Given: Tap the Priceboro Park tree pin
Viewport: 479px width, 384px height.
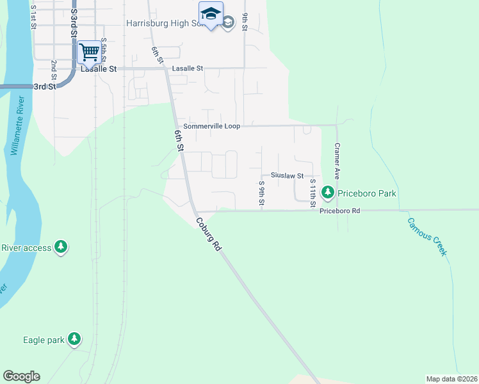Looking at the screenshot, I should tap(328, 192).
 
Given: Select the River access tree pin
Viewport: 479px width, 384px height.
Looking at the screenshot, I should tap(61, 247).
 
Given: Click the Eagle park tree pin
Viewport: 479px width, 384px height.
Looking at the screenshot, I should tap(75, 339).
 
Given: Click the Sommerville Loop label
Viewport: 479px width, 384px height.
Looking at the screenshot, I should tap(211, 126).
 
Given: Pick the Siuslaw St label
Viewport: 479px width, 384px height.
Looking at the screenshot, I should tap(286, 175).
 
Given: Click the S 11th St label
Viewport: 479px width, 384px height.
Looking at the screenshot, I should tap(313, 192).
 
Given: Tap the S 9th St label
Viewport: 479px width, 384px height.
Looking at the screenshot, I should tap(261, 193).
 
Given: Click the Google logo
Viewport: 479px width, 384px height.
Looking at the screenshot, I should tap(21, 376).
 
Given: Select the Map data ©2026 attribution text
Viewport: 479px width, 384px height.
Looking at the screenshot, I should tap(451, 379).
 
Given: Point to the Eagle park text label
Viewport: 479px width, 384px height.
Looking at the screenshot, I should tap(44, 340).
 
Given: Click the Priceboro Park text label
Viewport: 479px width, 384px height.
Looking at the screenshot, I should tap(368, 193).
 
